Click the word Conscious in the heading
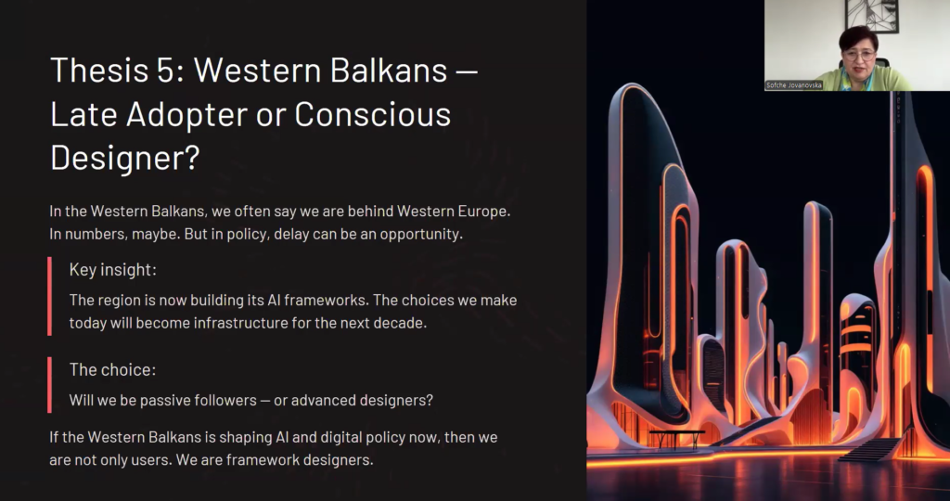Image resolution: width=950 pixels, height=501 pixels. pos(373,113)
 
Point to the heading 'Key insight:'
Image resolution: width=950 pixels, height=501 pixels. pos(112,270)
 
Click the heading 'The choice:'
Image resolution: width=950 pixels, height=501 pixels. pos(112,369)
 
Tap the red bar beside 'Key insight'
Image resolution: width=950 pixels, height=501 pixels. pos(50,296)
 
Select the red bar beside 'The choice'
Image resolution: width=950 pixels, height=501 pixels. pos(50,385)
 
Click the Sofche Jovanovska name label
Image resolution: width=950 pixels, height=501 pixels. pos(794,85)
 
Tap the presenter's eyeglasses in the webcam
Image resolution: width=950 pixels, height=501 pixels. pos(858,56)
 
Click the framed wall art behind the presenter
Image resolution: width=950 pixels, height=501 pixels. pos(871,15)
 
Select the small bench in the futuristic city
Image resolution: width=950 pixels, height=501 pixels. pos(677,438)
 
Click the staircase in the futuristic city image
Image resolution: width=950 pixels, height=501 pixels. pos(870,448)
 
